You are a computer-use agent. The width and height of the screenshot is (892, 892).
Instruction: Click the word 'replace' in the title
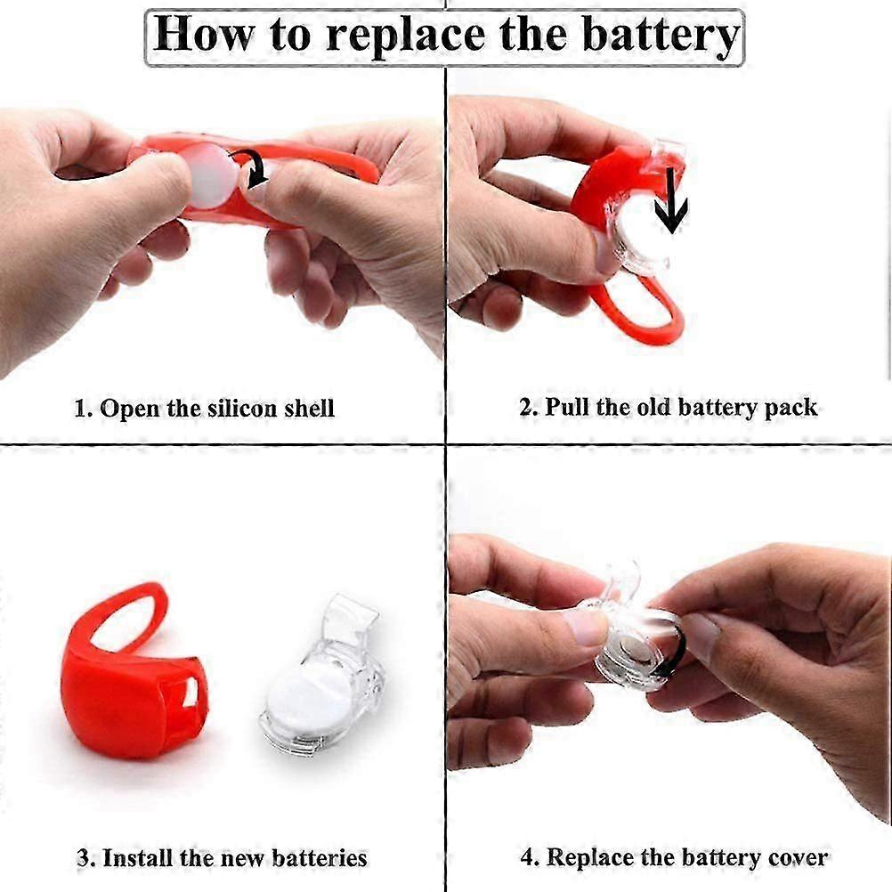(x=406, y=36)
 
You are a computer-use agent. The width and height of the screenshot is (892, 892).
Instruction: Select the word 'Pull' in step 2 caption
(x=566, y=407)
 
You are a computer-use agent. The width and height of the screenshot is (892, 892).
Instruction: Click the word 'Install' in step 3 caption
(x=138, y=858)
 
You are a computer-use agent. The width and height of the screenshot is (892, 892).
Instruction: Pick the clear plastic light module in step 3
(x=321, y=677)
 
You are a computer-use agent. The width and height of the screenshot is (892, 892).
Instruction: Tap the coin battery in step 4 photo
(x=636, y=648)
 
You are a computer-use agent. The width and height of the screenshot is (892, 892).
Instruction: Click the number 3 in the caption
(x=83, y=858)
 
